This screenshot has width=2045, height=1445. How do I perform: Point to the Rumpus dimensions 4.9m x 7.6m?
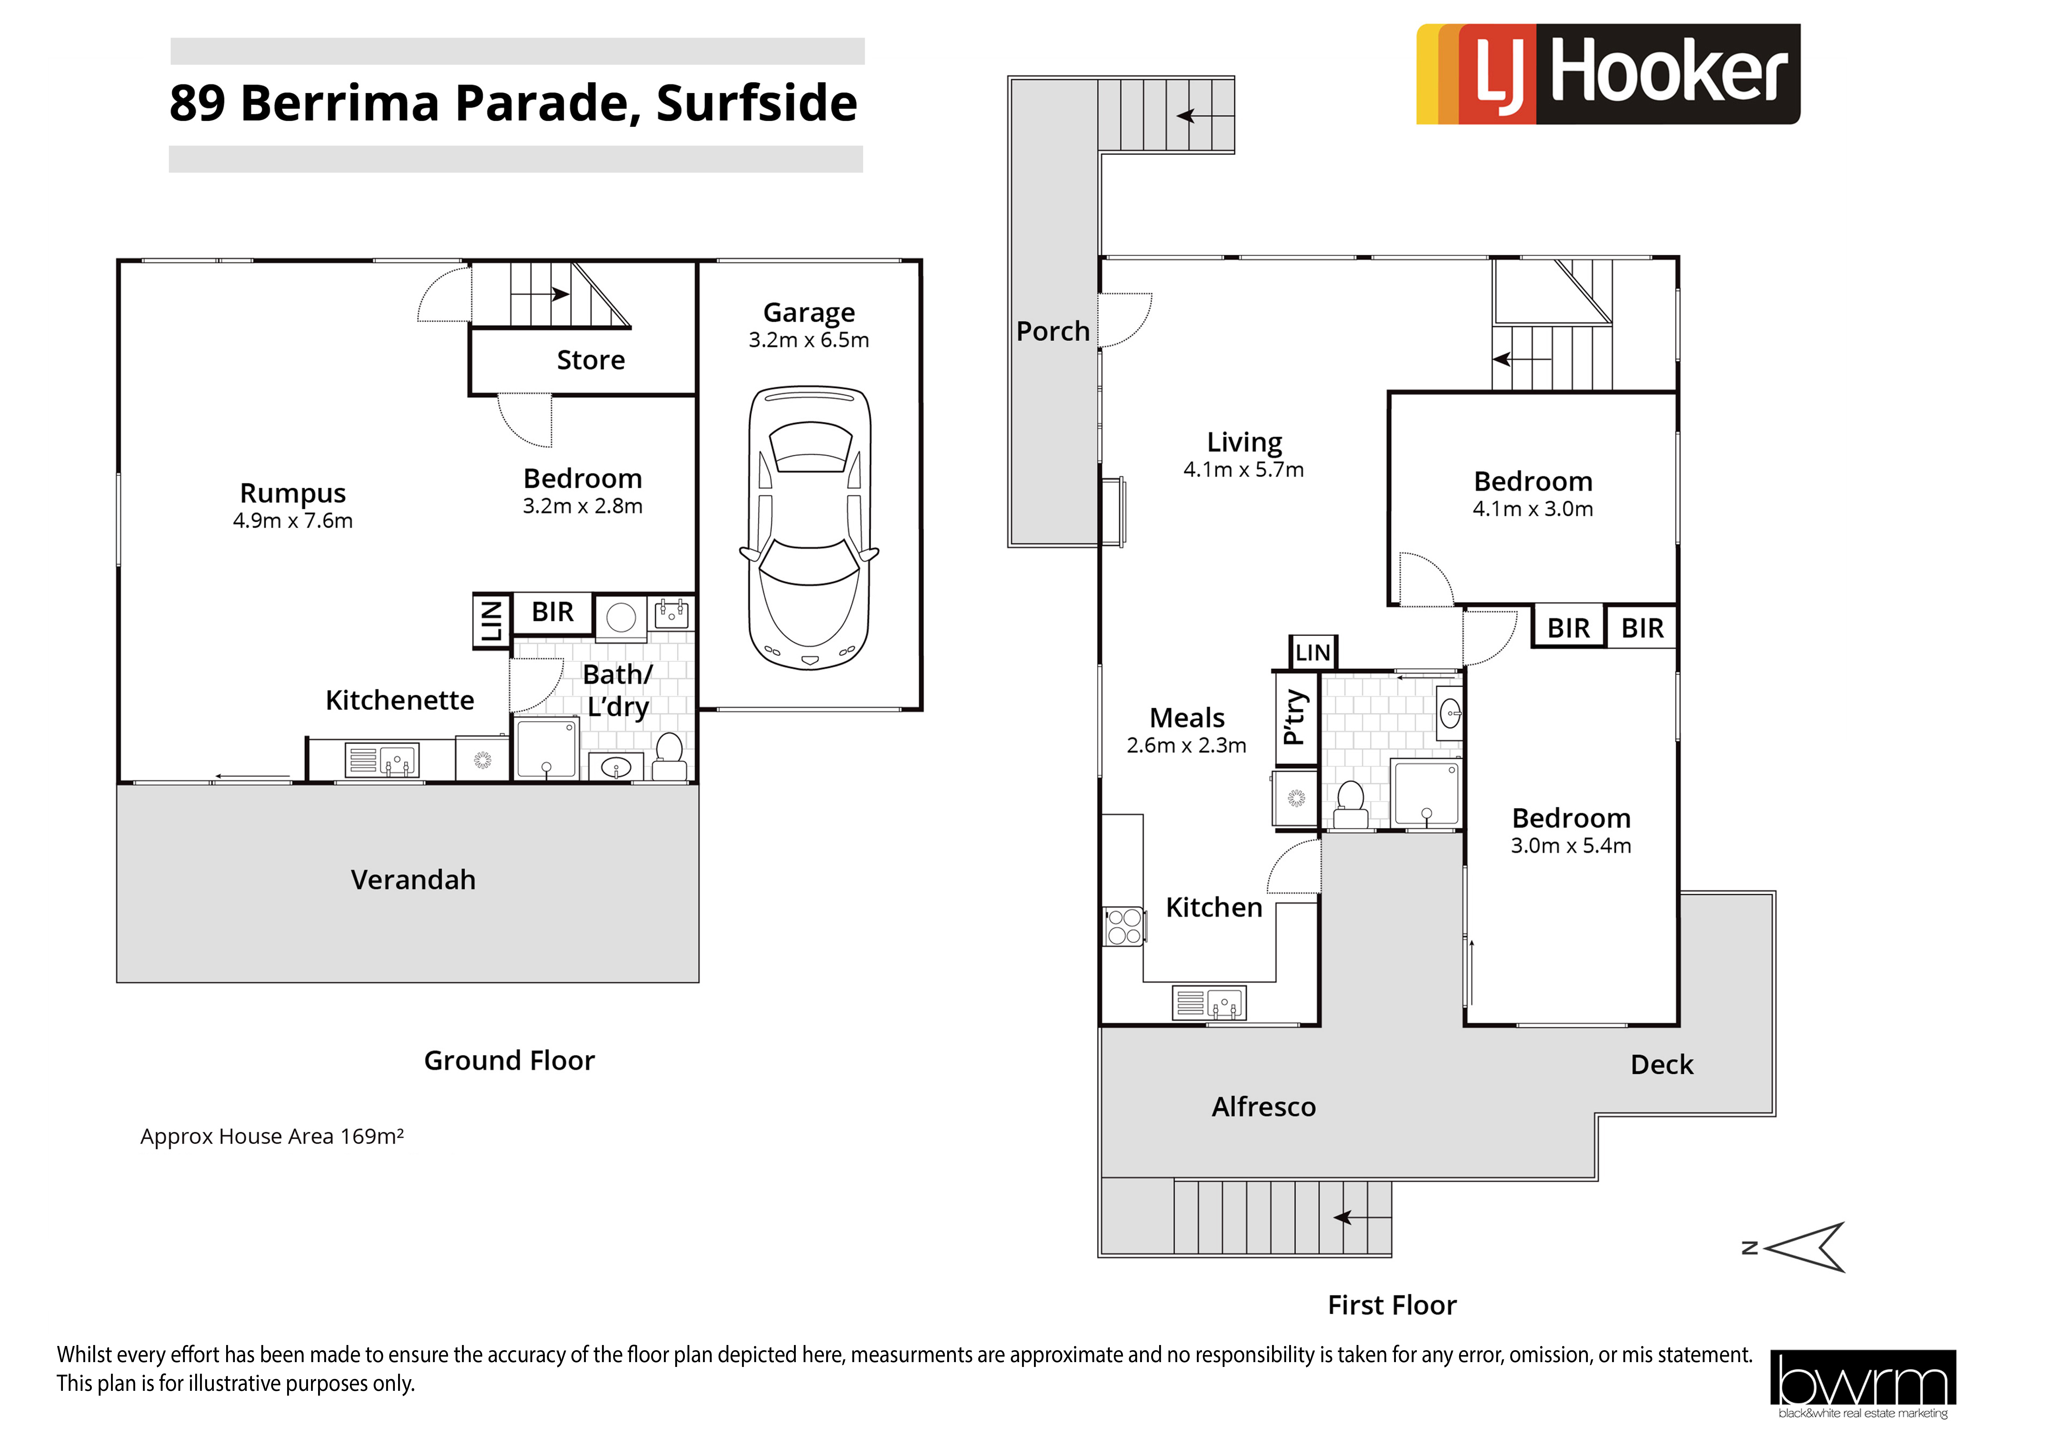(x=293, y=521)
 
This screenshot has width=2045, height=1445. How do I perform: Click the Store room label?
(x=590, y=360)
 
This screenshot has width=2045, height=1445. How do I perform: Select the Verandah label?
(x=413, y=880)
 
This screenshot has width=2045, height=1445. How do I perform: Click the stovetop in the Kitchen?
(x=1124, y=926)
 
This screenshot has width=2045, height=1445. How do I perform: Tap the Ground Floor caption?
(x=509, y=1061)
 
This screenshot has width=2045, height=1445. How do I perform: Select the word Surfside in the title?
(x=757, y=103)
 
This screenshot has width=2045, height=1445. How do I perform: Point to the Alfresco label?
(x=1264, y=1107)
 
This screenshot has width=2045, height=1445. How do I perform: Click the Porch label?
(x=1053, y=331)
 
